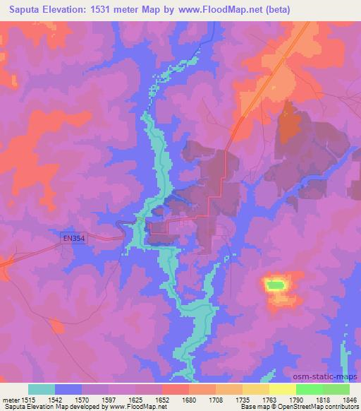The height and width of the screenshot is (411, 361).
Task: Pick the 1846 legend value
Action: [x=347, y=399]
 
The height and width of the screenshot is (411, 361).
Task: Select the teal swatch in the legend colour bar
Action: [x=42, y=389]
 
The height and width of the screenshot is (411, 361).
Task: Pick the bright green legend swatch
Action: [x=309, y=389]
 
